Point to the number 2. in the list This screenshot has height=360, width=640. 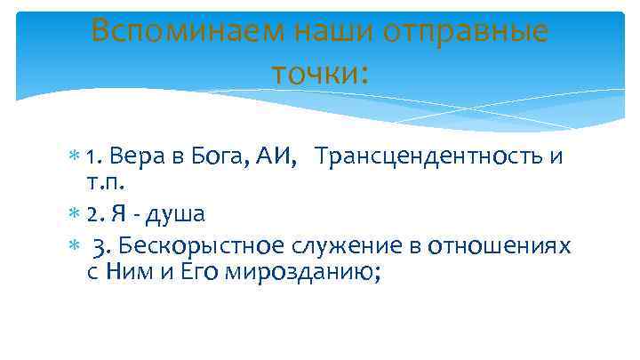tap(96, 214)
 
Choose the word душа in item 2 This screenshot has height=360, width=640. tap(180, 214)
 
